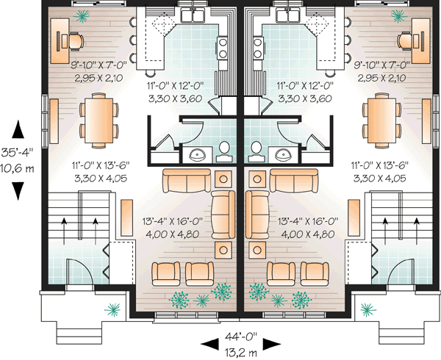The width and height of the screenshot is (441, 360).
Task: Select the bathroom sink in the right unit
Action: click(285, 154)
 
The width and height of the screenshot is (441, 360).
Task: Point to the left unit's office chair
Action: click(77, 40)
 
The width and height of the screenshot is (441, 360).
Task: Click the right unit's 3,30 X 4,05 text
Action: click(375, 177)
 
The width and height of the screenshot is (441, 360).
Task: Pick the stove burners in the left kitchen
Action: click(221, 46)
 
